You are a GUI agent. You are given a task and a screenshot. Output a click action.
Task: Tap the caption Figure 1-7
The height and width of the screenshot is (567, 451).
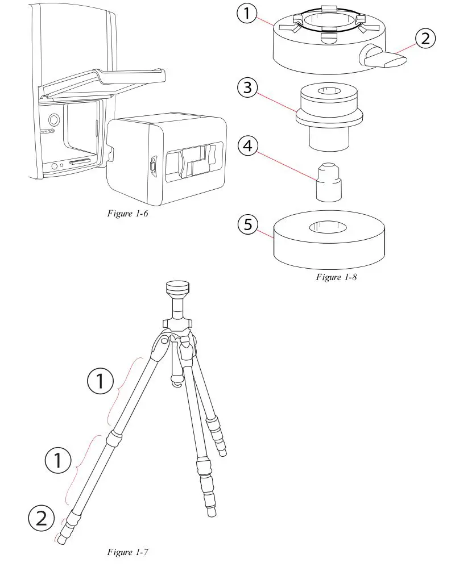128,552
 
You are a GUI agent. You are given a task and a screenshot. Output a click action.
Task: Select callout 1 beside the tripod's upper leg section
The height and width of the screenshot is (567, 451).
101,382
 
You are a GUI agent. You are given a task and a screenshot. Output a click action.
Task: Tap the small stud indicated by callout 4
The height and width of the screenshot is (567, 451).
328,181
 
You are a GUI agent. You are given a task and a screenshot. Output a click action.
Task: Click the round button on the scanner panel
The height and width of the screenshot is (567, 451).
54,120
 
